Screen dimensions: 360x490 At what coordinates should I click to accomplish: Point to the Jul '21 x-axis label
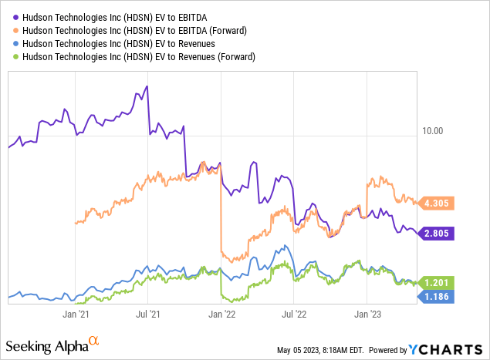148,314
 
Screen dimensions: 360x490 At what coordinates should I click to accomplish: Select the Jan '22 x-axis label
223,314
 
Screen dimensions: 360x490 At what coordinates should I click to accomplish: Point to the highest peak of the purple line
147,87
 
